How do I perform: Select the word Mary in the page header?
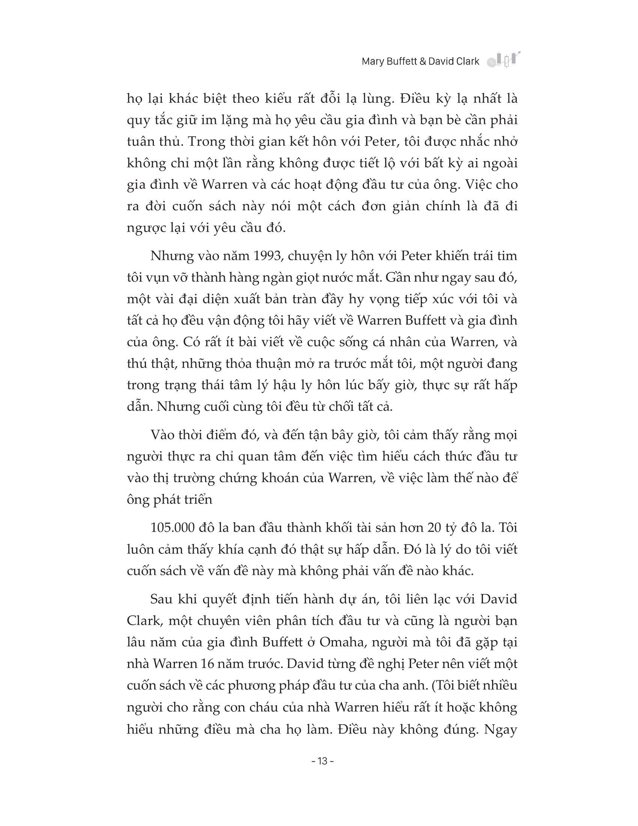point(373,61)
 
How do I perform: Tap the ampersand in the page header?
point(422,61)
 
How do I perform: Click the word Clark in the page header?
point(467,61)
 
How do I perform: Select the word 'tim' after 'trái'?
point(509,256)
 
